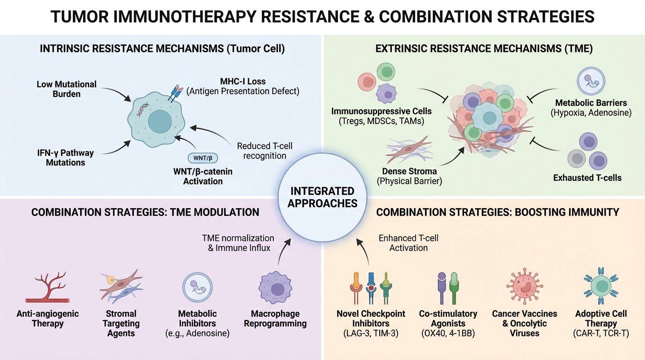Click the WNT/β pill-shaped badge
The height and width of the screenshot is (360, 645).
pos(202,158)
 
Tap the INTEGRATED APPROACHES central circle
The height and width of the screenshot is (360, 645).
pos(322,197)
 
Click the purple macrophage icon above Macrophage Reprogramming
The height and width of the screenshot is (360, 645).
pos(275,288)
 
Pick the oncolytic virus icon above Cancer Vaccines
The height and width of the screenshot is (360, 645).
pos(525,286)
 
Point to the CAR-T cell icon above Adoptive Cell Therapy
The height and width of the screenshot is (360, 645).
pos(600,285)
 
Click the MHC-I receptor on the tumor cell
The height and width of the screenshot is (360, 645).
pos(175,93)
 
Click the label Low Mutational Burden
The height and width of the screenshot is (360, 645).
pos(67,89)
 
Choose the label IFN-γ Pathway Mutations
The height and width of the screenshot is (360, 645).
pos(65,157)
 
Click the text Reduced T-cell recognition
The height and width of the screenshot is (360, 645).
pos(265,150)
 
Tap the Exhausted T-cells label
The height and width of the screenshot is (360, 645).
pos(587,177)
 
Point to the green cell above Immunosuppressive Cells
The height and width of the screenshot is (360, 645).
pos(386,72)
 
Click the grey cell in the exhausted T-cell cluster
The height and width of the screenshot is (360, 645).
pos(577,158)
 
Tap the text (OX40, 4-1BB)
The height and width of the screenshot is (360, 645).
pos(448,333)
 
